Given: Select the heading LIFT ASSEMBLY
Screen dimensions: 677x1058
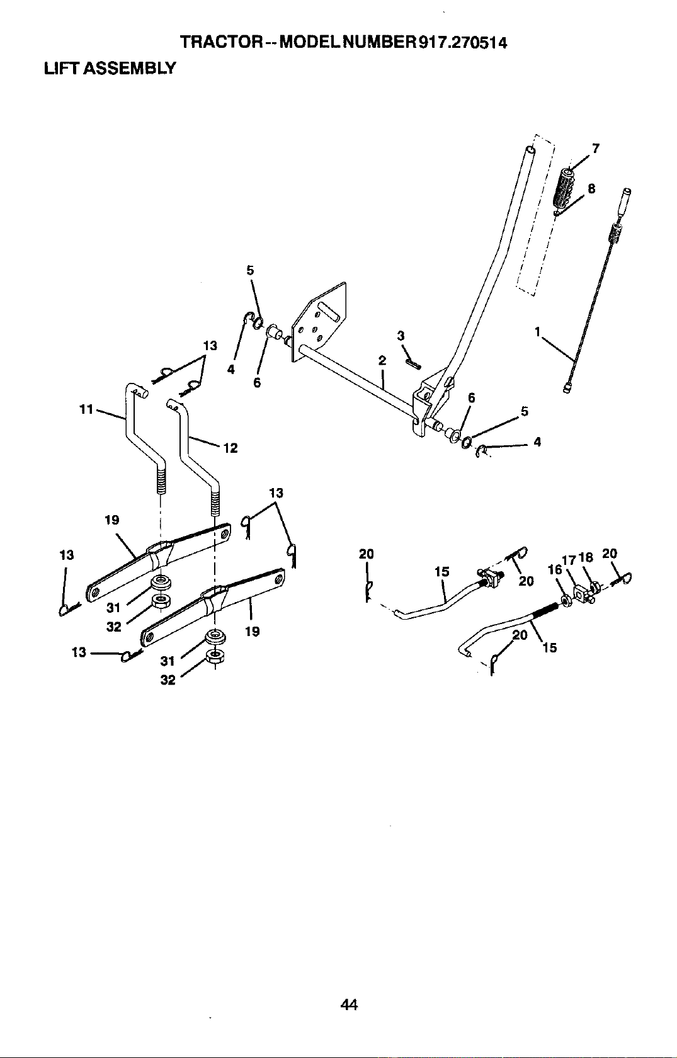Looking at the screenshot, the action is click(x=109, y=69).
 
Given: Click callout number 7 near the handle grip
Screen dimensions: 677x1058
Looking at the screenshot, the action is click(x=596, y=149).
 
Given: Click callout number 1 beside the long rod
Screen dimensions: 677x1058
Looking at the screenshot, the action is click(x=537, y=332).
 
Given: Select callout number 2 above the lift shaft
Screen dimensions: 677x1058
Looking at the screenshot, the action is click(x=382, y=361).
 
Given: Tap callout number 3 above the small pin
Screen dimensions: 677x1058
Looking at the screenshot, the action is click(x=401, y=336).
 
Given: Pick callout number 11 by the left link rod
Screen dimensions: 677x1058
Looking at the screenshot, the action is click(x=86, y=409).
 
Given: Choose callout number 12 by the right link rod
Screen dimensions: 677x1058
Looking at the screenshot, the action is click(x=230, y=448).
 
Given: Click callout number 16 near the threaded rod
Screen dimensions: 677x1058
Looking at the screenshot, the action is click(x=555, y=569).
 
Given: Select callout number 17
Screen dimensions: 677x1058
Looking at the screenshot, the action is click(x=569, y=560).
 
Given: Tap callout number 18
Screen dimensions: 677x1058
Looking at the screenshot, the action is click(x=586, y=557).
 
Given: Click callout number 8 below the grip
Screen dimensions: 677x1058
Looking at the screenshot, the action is click(x=591, y=188).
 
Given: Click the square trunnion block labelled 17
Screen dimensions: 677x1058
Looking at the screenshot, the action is click(x=581, y=592).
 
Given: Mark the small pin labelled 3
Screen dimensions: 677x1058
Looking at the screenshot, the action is click(x=413, y=363).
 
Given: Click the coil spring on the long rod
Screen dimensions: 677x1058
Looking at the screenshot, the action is click(x=615, y=233).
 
